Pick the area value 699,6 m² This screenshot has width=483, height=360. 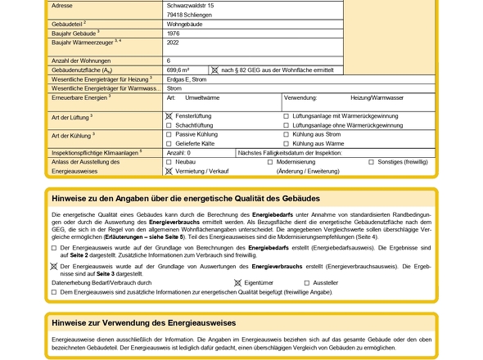[x=178, y=70]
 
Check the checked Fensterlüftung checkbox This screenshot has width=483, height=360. [x=169, y=116]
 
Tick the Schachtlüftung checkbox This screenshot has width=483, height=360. [x=169, y=125]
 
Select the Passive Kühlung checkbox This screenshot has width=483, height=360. [x=169, y=134]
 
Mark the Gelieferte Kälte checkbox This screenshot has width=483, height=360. [x=169, y=143]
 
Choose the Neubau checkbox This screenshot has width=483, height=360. [x=169, y=162]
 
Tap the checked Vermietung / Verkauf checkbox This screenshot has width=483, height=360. [x=169, y=171]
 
